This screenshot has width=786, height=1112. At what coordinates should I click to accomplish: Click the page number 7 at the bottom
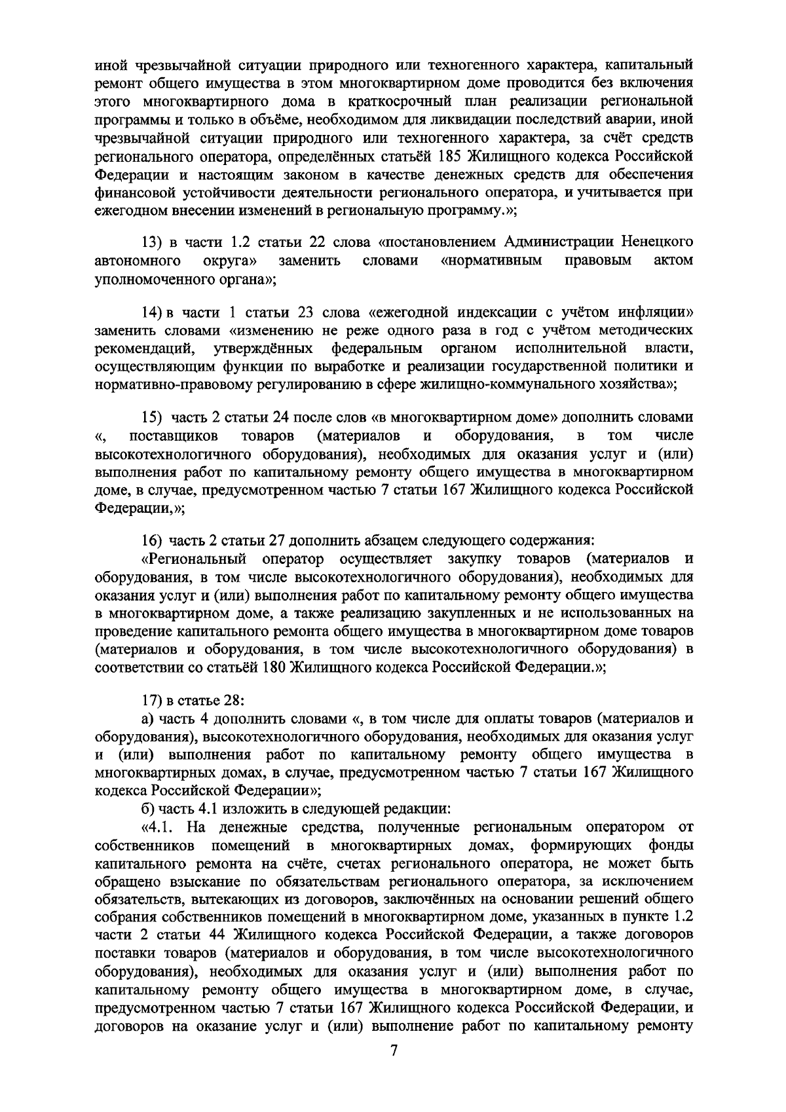tap(394, 1069)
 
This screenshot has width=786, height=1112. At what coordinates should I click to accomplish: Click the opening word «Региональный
tap(193, 560)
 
